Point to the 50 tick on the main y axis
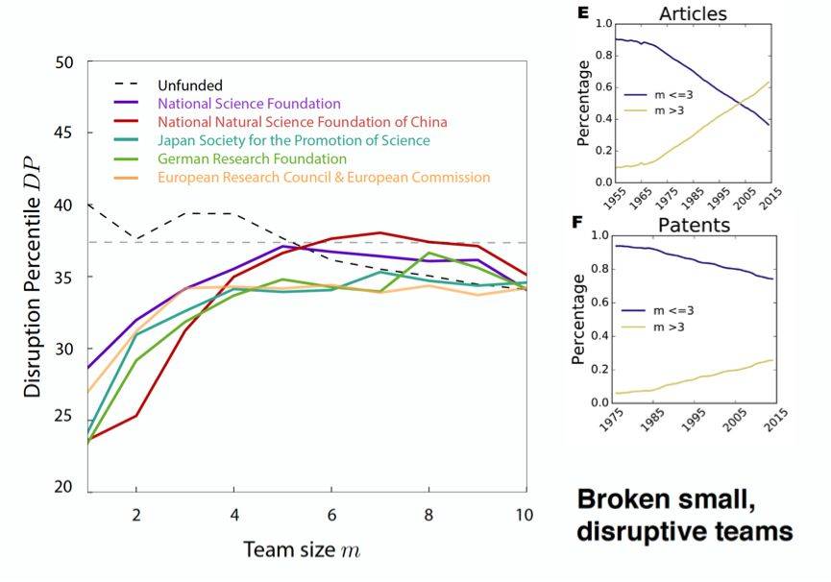(x=64, y=63)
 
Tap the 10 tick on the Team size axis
(x=523, y=514)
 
